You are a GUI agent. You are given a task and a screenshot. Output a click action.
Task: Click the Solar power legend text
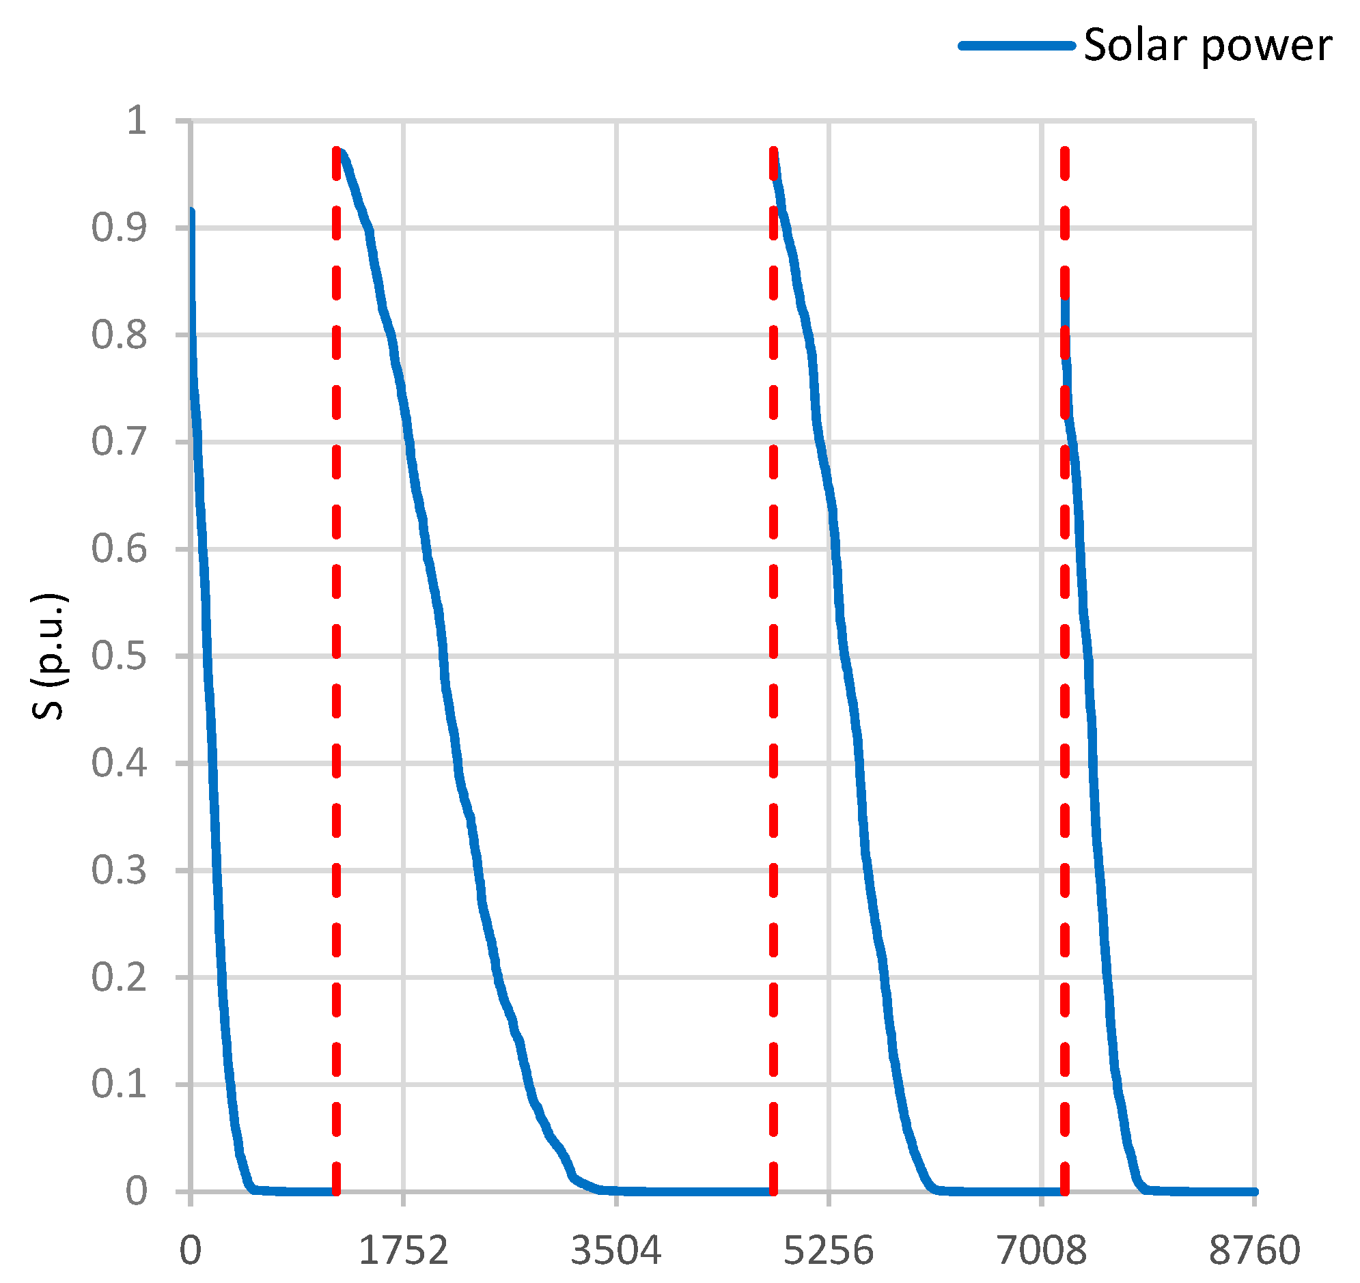pyautogui.click(x=1208, y=46)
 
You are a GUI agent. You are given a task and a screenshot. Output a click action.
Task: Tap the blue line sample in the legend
pyautogui.click(x=1016, y=46)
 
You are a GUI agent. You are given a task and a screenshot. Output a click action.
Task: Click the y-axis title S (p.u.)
pyautogui.click(x=48, y=656)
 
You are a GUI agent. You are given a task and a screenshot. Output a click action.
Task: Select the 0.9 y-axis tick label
pyautogui.click(x=119, y=228)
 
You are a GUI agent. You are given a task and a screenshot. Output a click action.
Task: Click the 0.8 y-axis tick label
pyautogui.click(x=119, y=335)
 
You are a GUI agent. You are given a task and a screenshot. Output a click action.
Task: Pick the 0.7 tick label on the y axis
pyautogui.click(x=119, y=442)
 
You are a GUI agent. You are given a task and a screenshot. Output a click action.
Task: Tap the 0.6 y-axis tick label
pyautogui.click(x=119, y=549)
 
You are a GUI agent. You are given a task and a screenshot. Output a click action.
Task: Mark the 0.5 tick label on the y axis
pyautogui.click(x=119, y=657)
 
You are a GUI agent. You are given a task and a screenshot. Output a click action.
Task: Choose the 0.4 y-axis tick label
pyautogui.click(x=119, y=763)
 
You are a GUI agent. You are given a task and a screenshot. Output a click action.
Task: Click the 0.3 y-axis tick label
pyautogui.click(x=119, y=871)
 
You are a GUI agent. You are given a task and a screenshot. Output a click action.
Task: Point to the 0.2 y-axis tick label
pyautogui.click(x=119, y=977)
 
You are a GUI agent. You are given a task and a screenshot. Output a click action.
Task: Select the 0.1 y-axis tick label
pyautogui.click(x=119, y=1085)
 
